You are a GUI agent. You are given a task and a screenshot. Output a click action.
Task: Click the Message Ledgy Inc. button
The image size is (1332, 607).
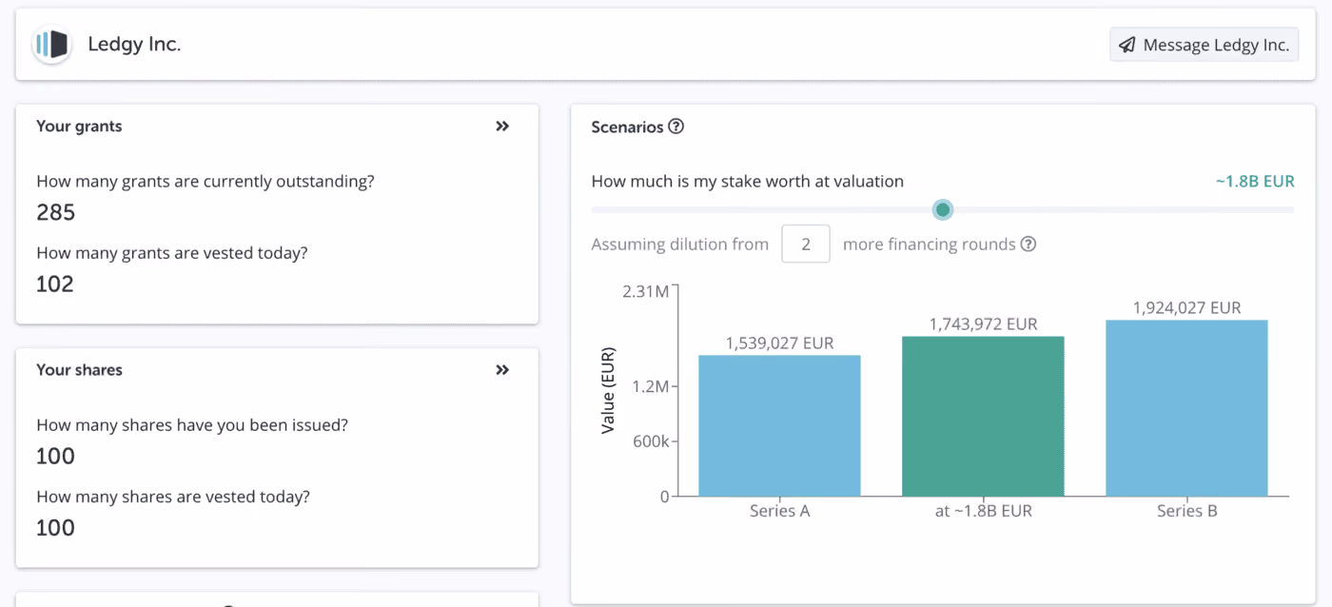pos(1204,45)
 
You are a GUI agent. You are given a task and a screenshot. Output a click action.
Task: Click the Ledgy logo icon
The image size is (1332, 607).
pos(51,44)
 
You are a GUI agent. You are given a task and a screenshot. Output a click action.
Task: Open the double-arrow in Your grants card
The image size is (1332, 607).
pos(502,126)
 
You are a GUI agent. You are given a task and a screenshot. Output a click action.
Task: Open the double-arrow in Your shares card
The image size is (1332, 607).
pos(502,370)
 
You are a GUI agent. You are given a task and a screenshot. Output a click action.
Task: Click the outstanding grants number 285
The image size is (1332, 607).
pos(56,212)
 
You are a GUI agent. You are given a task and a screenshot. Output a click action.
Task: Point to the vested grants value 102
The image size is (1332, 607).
pos(55,284)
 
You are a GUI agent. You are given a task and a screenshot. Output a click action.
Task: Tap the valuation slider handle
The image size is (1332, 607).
pos(943,209)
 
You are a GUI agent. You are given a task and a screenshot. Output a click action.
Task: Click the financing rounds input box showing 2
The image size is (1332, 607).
pos(806,244)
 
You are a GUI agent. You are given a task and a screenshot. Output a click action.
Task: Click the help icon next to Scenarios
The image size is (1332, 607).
pos(676,127)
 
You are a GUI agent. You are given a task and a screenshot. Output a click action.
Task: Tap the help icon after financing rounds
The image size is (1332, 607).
pos(1028,244)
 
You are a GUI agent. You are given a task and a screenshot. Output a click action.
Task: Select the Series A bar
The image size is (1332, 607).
pos(779,425)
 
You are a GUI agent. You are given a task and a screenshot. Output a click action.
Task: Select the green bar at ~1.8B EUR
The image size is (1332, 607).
pos(983,416)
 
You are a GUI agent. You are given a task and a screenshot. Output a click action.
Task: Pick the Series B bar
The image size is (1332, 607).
pos(1187,408)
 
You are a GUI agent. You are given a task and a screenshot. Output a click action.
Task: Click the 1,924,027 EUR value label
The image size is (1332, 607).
pos(1187,307)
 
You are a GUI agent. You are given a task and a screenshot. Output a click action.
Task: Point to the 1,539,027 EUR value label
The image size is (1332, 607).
pos(779,343)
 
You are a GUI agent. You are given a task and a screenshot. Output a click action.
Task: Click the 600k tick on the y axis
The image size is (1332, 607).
pos(651,441)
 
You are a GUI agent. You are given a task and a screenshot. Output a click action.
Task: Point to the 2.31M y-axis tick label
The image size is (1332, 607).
pos(645,291)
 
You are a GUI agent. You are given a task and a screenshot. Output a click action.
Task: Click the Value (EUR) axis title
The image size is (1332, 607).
pos(608,391)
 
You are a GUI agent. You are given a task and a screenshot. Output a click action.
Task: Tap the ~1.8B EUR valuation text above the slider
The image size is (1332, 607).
pos(1255,181)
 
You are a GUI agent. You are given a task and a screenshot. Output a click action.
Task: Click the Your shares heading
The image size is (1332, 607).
pos(79,370)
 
